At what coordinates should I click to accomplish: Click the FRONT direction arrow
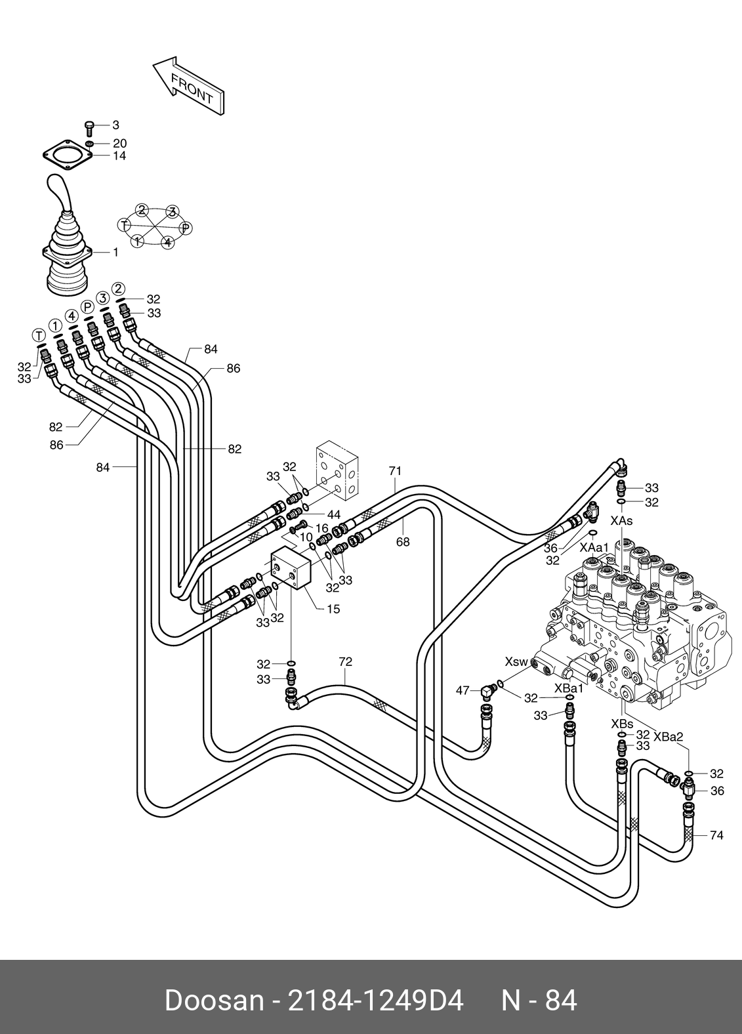(x=188, y=87)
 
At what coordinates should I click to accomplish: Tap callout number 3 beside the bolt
(x=115, y=125)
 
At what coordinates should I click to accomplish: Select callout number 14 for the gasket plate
(x=119, y=156)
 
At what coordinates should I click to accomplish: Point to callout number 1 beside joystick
(x=116, y=253)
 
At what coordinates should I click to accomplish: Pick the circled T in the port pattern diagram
(x=123, y=225)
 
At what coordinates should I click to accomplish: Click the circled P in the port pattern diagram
(x=186, y=228)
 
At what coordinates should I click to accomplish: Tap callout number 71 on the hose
(x=395, y=471)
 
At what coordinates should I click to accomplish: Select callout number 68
(x=403, y=542)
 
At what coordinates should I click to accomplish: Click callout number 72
(x=345, y=662)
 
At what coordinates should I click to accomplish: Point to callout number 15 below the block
(x=333, y=610)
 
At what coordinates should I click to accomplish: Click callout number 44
(x=334, y=514)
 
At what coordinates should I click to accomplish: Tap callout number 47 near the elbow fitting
(x=463, y=691)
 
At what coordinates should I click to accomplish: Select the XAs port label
(x=621, y=521)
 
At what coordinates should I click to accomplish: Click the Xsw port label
(x=516, y=661)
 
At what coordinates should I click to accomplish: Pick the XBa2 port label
(x=668, y=737)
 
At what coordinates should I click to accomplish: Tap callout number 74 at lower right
(x=716, y=835)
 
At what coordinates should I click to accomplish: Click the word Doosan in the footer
(x=214, y=1001)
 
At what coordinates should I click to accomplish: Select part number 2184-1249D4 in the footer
(x=375, y=1001)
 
